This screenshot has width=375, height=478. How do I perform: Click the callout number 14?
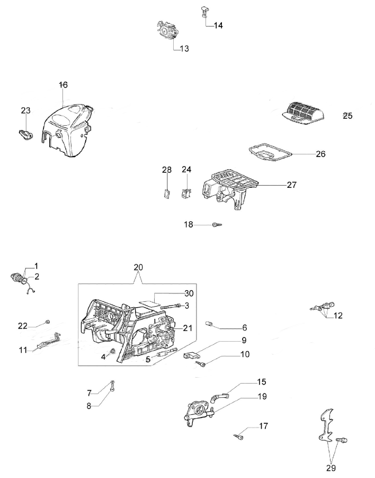pyautogui.click(x=218, y=25)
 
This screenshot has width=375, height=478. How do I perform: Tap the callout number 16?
pyautogui.click(x=64, y=85)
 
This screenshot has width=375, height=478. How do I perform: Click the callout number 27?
pyautogui.click(x=291, y=185)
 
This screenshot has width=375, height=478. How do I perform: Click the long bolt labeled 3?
pyautogui.click(x=168, y=306)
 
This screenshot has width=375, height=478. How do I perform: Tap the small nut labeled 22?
pyautogui.click(x=48, y=321)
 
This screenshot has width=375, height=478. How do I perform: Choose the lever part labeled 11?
pyautogui.click(x=47, y=343)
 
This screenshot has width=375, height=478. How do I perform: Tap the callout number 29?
pyautogui.click(x=331, y=468)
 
